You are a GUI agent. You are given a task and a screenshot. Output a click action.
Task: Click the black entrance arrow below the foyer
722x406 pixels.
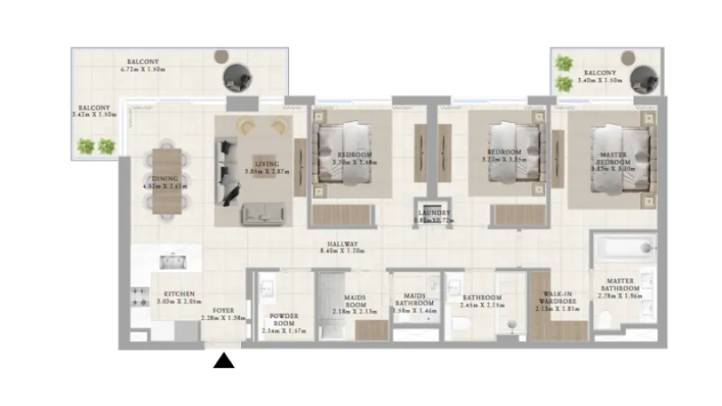223,361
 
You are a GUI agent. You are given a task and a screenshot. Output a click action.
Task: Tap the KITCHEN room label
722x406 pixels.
178,294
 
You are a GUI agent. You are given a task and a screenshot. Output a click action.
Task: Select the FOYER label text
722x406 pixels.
223,310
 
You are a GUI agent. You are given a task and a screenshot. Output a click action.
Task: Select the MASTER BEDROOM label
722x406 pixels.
613,158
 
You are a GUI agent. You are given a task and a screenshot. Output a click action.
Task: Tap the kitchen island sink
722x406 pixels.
174,261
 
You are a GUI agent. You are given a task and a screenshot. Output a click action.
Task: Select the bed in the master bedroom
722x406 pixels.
615,162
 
